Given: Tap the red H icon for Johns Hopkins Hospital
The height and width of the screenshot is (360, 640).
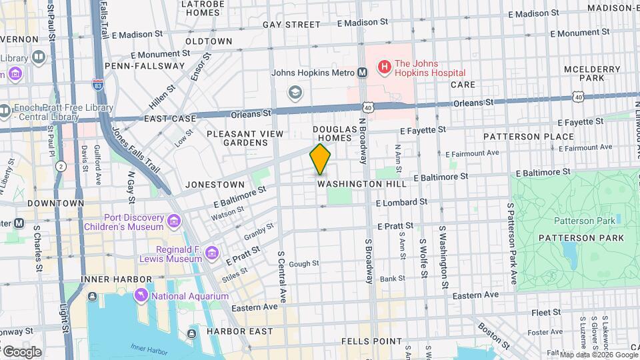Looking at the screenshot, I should (384, 67).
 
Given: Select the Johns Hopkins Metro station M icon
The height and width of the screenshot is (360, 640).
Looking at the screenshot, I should (362, 73).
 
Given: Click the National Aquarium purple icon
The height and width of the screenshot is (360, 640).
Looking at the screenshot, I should (141, 295).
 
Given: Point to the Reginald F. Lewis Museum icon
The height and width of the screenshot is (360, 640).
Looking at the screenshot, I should (212, 253).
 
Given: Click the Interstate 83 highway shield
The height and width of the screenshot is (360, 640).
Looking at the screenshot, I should (98, 84).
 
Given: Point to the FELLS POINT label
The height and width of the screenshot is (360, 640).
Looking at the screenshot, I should (373, 341).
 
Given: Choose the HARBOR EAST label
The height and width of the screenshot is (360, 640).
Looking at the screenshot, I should (239, 331).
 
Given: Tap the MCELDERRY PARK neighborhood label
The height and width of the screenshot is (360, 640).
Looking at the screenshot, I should (583, 73).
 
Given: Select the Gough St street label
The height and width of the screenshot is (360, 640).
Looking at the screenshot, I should (304, 264).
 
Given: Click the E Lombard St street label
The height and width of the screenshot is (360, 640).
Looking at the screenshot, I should (401, 202).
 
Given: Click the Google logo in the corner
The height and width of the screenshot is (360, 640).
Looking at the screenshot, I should (22, 351).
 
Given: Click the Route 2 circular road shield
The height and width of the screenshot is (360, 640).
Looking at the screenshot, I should (61, 166).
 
